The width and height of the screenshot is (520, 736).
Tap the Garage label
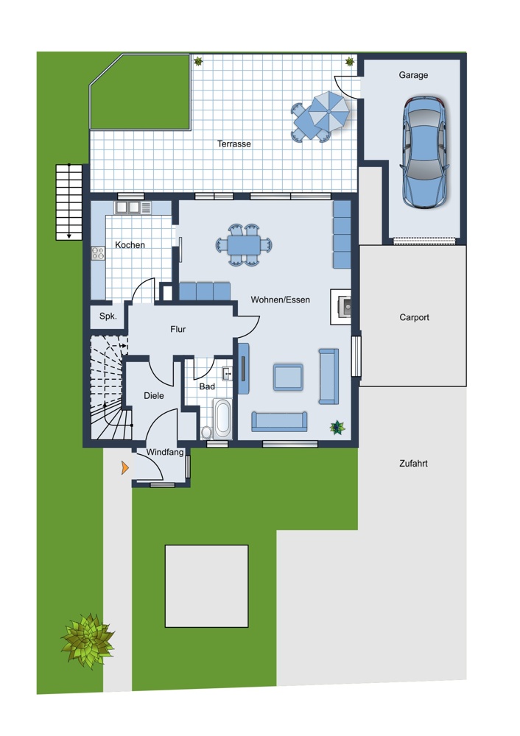tap(413, 75)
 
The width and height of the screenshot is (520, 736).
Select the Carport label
tap(414, 317)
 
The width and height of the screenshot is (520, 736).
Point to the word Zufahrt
tap(413, 463)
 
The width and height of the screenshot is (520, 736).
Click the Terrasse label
tap(234, 144)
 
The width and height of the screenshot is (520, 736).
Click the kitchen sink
tap(127, 207)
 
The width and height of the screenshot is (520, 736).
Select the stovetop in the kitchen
tap(98, 253)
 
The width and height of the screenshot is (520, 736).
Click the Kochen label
tap(130, 245)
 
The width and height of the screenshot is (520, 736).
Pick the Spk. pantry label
tap(108, 316)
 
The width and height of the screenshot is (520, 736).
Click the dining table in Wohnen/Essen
tap(245, 244)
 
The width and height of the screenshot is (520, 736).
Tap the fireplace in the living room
tap(341, 307)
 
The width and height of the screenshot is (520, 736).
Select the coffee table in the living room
tap(288, 377)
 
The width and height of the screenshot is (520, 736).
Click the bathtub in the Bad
tap(222, 418)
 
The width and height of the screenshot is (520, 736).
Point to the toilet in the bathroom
tap(207, 432)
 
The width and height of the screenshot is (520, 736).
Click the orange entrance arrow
tap(125, 467)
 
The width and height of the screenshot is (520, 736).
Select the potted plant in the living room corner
tap(337, 427)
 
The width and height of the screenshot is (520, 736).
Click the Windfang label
tap(164, 453)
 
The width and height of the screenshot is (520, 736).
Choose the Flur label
tap(178, 329)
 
